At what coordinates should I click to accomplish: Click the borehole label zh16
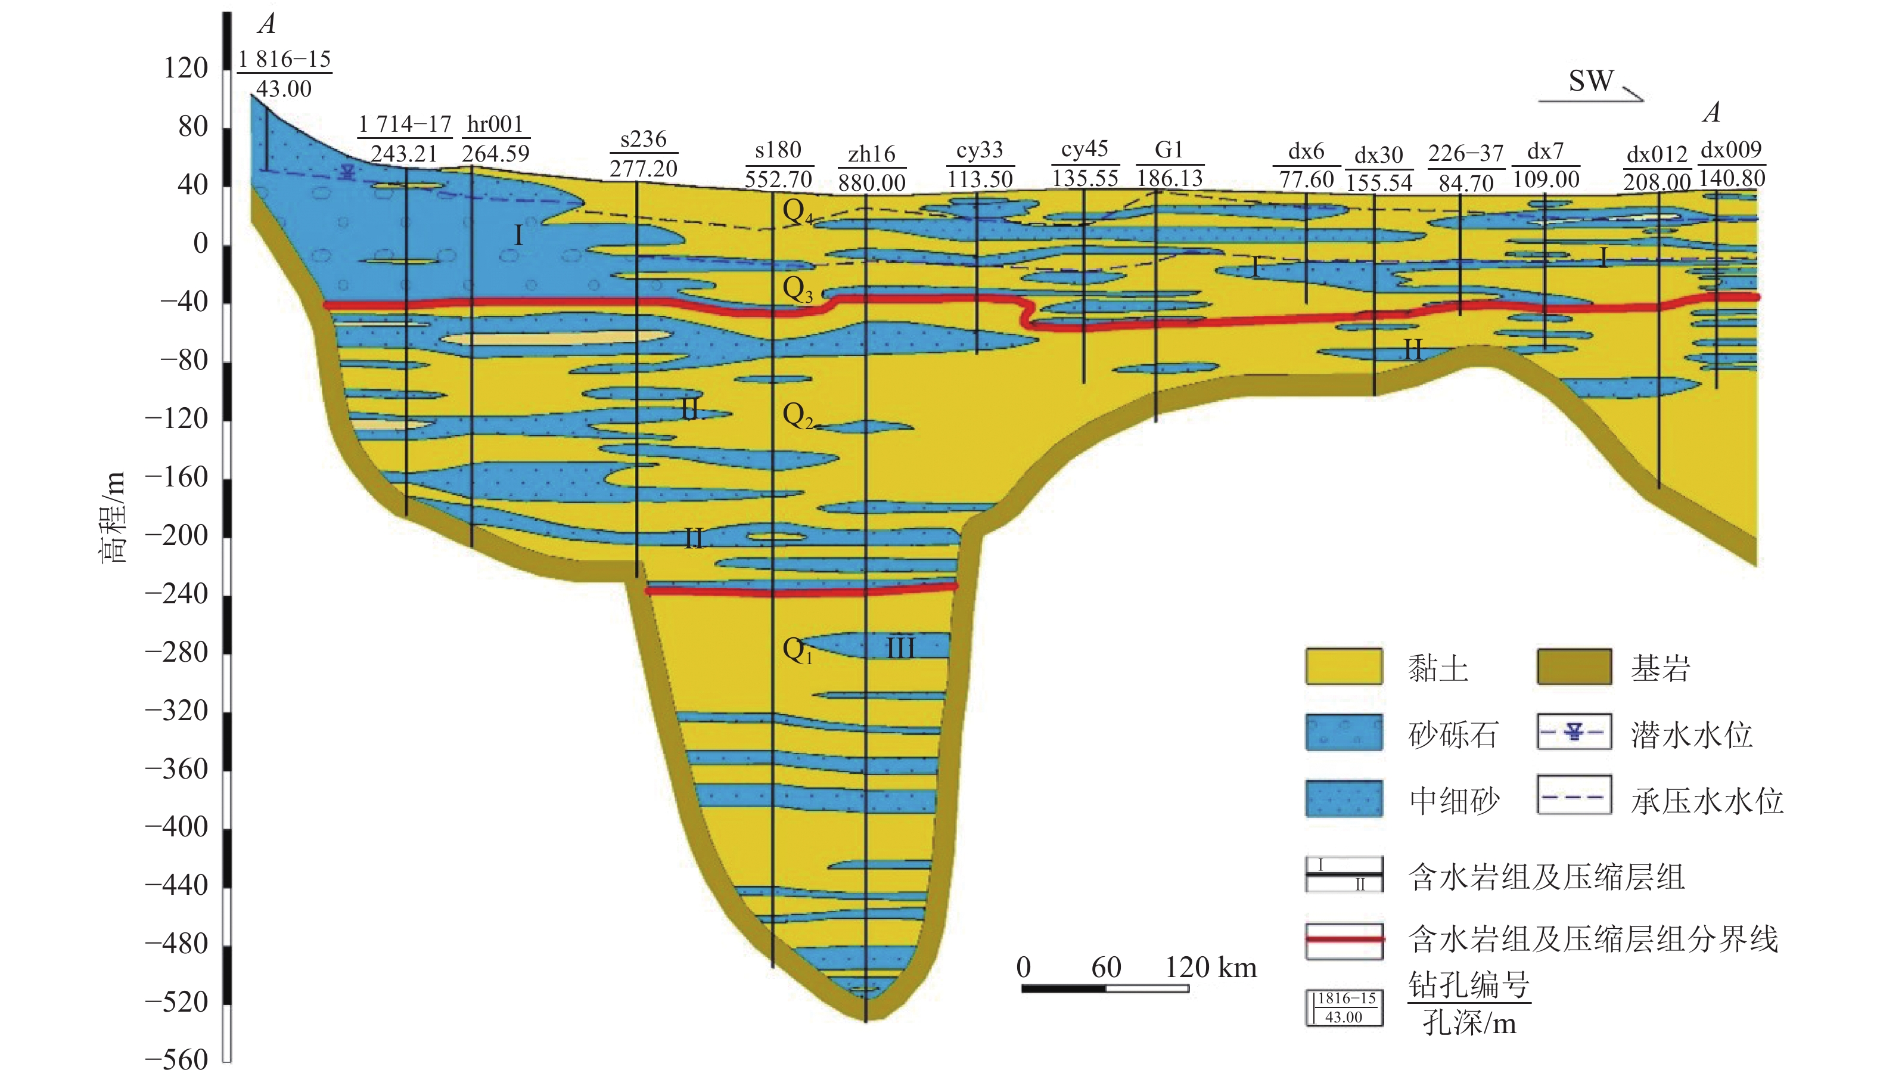click(x=871, y=154)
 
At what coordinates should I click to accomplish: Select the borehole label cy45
click(x=1084, y=150)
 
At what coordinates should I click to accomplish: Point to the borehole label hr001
click(x=495, y=124)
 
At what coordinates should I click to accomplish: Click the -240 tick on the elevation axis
click(x=177, y=594)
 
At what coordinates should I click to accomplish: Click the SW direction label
click(x=1590, y=81)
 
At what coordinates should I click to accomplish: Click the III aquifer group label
click(x=900, y=649)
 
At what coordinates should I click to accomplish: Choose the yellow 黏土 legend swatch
click(x=1344, y=666)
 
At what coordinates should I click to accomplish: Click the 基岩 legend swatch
click(x=1574, y=666)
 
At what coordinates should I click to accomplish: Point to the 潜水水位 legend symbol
click(x=1574, y=732)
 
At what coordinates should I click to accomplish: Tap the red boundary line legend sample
click(x=1344, y=940)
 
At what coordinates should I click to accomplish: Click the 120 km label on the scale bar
click(x=1210, y=968)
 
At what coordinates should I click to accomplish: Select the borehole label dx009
click(x=1730, y=150)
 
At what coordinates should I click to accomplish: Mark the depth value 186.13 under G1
click(x=1169, y=178)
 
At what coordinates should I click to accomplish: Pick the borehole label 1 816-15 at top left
click(x=284, y=60)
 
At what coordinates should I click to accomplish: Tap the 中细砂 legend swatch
click(x=1344, y=799)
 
